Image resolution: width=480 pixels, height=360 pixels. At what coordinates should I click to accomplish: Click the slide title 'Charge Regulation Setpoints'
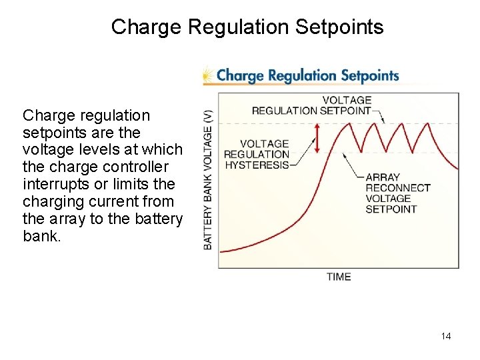247,27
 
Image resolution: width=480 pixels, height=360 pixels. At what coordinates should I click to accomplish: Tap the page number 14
446,336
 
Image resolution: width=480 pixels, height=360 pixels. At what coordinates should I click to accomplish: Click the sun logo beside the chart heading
209,75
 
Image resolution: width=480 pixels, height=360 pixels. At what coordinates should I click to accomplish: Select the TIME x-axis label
339,277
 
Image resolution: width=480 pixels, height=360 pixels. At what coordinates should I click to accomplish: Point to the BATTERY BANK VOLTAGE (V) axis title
209,179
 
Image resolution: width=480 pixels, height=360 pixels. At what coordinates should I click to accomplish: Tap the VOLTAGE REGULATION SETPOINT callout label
311,106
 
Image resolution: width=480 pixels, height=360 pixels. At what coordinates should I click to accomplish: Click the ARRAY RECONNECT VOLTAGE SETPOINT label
398,193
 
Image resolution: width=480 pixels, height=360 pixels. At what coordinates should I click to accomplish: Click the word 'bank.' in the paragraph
41,236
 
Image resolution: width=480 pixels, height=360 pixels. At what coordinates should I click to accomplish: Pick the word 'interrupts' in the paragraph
55,184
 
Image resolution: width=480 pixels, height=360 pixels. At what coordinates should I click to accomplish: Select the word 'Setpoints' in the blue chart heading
369,75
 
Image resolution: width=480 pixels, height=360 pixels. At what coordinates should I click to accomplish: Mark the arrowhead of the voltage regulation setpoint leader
383,121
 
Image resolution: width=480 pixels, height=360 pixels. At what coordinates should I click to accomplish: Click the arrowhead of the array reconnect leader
345,153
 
